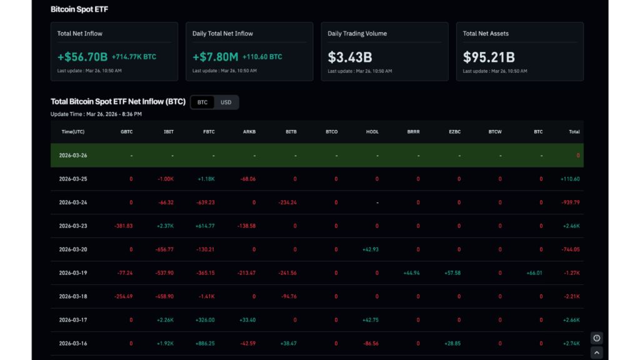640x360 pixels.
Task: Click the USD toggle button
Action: coord(226,102)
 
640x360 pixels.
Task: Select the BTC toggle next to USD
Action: coord(202,102)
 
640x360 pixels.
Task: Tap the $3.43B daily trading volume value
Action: coord(350,57)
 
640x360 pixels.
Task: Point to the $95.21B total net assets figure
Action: coord(489,57)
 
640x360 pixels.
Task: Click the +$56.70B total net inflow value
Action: coord(82,57)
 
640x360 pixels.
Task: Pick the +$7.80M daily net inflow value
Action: coord(215,57)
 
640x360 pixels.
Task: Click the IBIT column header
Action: coord(168,132)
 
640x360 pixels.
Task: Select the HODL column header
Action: coord(373,132)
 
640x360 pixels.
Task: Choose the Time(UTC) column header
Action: coord(73,132)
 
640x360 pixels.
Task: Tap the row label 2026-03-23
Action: coord(73,226)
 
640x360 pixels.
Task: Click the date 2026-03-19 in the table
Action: coord(73,273)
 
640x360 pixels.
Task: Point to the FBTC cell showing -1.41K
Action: coord(206,297)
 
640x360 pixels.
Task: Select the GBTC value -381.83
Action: coord(123,226)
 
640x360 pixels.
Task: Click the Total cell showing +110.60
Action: coord(570,179)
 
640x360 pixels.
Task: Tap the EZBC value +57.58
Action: coord(452,273)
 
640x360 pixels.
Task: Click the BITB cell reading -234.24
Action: coord(287,202)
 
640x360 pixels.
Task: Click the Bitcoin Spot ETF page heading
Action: coord(79,9)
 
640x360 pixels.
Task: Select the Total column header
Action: coord(574,132)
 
